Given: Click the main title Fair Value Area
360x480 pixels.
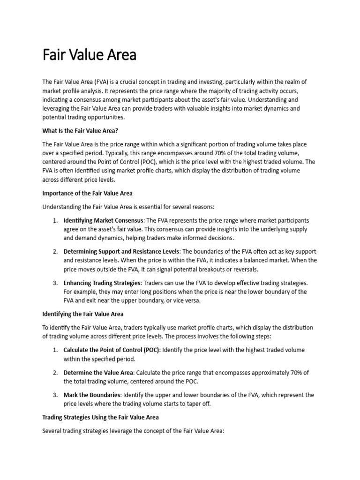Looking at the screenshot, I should coord(89,55).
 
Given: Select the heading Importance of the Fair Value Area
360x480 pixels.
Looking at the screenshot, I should coord(88,193).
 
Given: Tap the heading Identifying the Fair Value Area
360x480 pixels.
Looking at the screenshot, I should coord(83,314).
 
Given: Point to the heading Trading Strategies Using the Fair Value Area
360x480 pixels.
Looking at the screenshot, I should coord(100,417).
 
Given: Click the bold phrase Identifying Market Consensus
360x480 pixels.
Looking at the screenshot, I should coord(104,220).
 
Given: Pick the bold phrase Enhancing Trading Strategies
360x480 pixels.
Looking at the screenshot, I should coord(102,283).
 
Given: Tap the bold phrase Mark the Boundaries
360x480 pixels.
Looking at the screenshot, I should coord(92,395).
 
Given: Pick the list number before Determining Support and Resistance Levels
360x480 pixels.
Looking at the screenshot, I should coord(54,252).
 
